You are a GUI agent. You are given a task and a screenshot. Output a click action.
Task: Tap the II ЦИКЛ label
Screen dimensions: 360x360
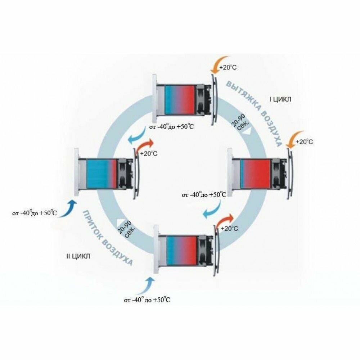point(78,256)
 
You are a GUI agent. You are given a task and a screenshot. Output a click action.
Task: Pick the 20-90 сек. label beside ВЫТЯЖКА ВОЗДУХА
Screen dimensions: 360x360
point(240,126)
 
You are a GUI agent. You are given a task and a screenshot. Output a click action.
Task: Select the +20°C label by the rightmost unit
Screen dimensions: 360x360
point(304,142)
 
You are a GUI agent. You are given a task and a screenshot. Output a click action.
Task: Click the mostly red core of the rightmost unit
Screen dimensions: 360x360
point(255,173)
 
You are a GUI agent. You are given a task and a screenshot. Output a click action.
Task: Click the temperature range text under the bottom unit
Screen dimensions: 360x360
point(147,300)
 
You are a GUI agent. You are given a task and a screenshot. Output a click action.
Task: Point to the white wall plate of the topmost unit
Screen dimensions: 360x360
point(155,97)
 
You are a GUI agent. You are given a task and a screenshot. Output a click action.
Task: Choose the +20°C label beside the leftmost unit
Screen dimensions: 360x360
point(149,153)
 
